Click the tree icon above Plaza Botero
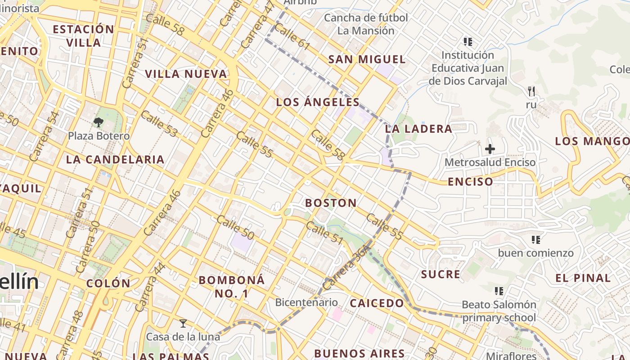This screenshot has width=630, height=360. point(99,121)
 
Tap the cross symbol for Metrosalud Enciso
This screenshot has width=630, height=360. point(490,148)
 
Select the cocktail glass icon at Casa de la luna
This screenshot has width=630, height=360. point(183,323)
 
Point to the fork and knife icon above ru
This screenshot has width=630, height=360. point(531,91)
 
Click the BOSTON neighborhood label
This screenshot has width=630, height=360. point(331,203)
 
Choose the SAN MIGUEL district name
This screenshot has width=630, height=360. point(367,59)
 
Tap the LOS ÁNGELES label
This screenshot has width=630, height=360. point(318,102)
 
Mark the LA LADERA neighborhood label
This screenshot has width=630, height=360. point(418,129)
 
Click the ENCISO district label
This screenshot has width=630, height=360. point(471,182)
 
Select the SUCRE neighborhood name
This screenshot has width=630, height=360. point(441,274)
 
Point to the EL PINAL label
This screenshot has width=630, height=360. point(583,278)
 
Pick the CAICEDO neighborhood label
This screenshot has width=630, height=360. point(377,303)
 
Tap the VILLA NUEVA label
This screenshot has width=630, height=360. point(186,74)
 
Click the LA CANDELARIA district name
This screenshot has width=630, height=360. point(115,159)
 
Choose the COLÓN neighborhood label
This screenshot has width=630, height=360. point(108,283)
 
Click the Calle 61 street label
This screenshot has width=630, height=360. point(292,36)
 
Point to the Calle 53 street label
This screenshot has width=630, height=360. point(159,124)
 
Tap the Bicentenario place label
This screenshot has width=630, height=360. point(306,302)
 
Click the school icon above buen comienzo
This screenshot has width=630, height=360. point(535,239)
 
